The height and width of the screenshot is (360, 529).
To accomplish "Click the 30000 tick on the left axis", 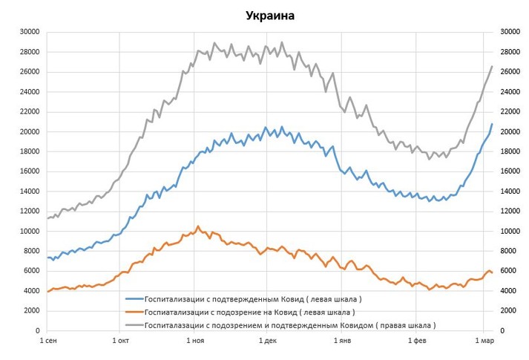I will point(30,32).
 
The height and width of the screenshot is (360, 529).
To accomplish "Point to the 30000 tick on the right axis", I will point(510,32).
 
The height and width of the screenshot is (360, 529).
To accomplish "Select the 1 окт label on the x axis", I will point(121,341).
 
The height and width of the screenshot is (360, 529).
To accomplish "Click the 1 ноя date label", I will point(194,341).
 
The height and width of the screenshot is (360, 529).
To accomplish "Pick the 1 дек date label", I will point(267,341).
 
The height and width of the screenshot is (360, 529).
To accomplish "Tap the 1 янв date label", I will point(341,341).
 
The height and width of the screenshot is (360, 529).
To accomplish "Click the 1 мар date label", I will point(484,341).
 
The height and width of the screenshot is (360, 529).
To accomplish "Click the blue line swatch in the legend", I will point(134,299).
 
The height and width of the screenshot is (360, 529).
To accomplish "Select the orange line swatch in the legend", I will point(134,312).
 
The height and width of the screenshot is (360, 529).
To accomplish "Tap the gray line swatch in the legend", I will point(134,324).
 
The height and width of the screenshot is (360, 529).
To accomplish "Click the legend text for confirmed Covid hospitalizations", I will point(254,299).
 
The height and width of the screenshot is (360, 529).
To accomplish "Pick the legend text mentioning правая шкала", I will point(290,324).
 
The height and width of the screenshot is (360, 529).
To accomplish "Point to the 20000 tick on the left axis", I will point(30,131).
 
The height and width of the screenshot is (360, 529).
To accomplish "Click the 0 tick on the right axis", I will point(502,330).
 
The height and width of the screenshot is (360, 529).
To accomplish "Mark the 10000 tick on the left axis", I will point(30,231).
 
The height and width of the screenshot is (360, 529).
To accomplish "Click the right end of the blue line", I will point(492,124).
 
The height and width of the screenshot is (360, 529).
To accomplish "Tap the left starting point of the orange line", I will point(47,292).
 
